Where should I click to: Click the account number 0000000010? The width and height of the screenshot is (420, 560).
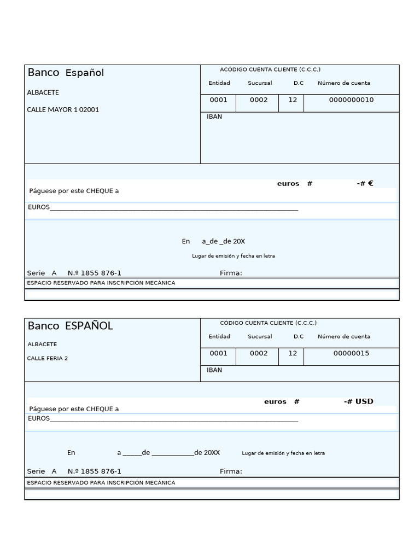point(351,100)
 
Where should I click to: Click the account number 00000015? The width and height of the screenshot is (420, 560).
point(351,353)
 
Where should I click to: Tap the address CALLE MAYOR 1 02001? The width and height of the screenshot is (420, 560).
point(63,110)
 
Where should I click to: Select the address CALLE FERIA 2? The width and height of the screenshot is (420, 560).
point(48,359)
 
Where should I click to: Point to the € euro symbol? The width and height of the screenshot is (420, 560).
point(370,184)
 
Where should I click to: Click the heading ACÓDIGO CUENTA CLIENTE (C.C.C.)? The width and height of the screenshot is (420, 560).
point(270,69)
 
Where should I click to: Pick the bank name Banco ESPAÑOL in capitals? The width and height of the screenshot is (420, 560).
point(70,326)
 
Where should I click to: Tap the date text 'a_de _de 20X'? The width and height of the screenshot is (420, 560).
point(223,241)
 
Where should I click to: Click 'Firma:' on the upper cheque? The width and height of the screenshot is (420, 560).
point(231,273)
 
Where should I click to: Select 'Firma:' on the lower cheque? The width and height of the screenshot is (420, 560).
point(231,471)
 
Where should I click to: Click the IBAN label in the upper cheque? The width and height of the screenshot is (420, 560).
point(214,116)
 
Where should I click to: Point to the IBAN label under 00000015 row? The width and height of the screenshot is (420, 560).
point(214,370)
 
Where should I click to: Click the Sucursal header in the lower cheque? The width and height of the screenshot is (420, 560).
point(259,337)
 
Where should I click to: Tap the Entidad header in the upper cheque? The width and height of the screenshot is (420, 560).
point(219,83)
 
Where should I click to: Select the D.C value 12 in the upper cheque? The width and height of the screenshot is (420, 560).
point(293,100)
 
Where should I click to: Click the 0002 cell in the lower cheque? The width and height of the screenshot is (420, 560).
point(259,353)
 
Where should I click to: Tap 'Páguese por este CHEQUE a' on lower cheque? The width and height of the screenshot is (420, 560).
point(74,409)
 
